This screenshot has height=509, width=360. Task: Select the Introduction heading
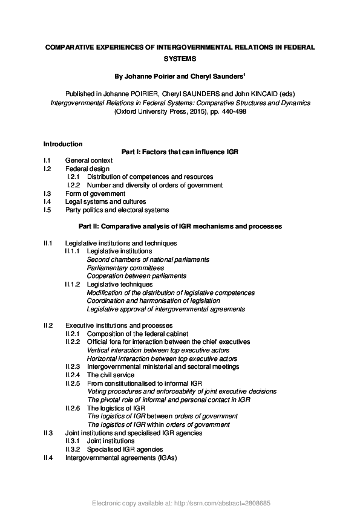[63, 144]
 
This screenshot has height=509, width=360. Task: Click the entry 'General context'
[89, 160]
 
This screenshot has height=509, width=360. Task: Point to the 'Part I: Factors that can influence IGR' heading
[180, 152]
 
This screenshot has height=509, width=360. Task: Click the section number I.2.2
[74, 185]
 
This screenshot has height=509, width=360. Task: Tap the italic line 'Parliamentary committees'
[125, 267]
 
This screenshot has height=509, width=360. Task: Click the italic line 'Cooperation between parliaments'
[137, 276]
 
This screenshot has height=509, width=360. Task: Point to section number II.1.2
[73, 284]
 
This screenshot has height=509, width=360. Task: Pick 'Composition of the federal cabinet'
[137, 334]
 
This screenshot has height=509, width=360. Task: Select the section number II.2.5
[73, 383]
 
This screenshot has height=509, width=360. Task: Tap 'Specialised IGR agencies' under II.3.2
[125, 449]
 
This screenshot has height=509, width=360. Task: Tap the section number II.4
[48, 458]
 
